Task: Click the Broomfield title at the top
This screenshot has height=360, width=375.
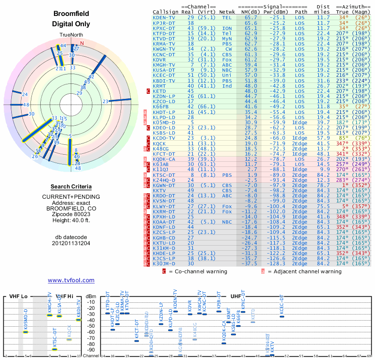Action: coord(71,14)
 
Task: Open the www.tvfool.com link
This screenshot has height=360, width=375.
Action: coord(71,280)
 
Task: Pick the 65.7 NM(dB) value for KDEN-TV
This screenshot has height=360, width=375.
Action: coord(251,17)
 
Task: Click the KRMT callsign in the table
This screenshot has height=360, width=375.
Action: coord(159,86)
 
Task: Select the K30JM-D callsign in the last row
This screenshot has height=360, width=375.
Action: coord(165,263)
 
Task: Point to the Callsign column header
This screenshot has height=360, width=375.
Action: coord(166,12)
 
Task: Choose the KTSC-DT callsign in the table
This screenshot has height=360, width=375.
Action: coord(165,174)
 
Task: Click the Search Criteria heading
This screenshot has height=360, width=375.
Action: coord(71,187)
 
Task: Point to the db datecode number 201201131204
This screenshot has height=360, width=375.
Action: coord(71,244)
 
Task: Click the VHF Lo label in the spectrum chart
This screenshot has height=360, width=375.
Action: coord(19,297)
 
